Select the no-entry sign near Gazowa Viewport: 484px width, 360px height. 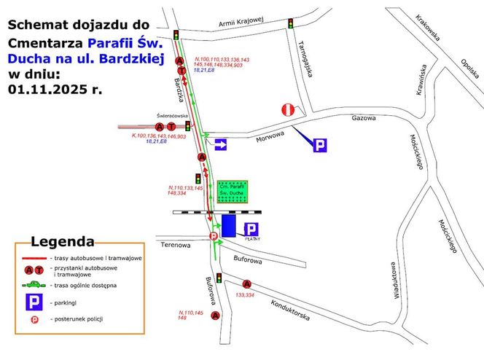(288, 111)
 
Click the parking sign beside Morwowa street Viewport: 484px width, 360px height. (319, 145)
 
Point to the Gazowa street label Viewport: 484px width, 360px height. (362, 118)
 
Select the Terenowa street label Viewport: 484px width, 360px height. (175, 246)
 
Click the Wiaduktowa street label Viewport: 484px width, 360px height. (391, 279)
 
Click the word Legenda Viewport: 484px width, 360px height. (62, 241)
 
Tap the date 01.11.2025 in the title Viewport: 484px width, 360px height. (55, 90)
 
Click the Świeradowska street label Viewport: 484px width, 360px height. (173, 115)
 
